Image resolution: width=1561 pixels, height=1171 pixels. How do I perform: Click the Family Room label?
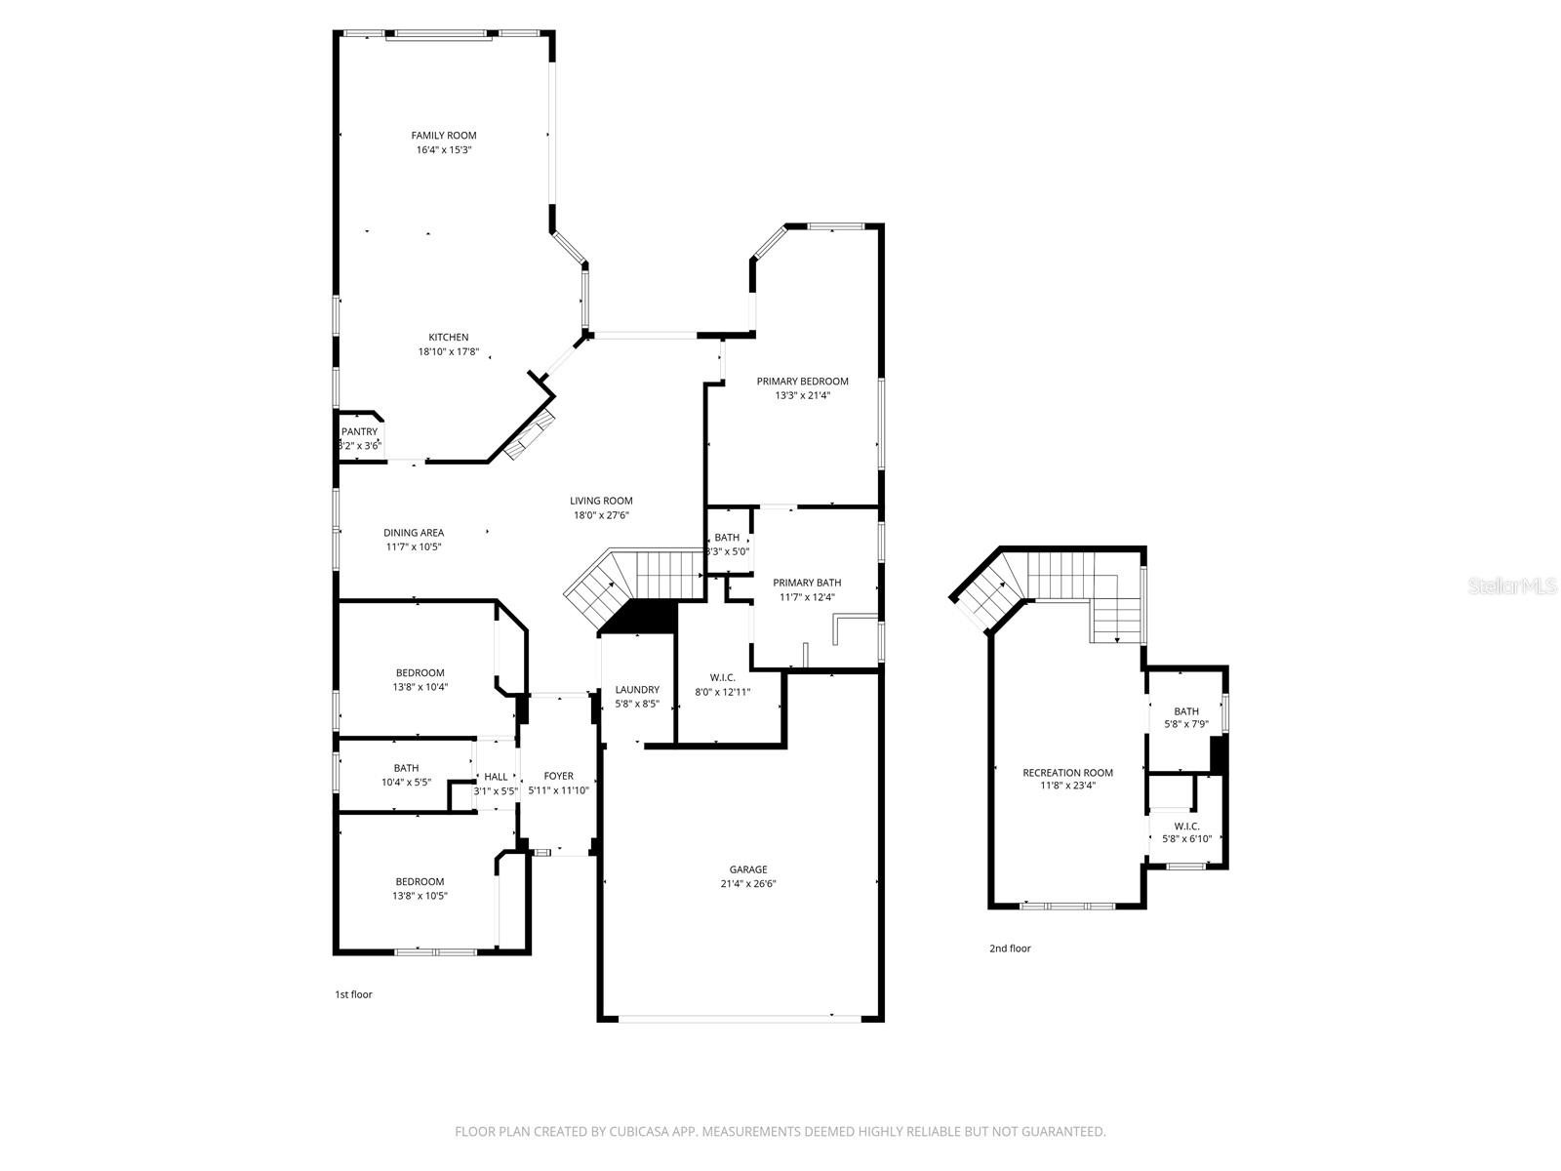coord(443,136)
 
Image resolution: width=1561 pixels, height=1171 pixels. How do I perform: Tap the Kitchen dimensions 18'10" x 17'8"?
coord(448,352)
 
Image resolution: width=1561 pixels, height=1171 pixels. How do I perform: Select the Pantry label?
coord(359,431)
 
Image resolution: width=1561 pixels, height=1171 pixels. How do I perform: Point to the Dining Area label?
coord(414,533)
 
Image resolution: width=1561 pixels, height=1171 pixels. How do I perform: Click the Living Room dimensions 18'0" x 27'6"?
coord(601,515)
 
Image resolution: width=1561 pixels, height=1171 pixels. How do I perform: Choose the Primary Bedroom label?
coord(802,382)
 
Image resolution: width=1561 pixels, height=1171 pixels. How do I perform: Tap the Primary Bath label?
coord(807,583)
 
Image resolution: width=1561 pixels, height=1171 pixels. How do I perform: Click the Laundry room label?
coord(637,690)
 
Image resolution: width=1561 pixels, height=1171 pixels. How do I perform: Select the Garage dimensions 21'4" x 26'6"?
coord(748,884)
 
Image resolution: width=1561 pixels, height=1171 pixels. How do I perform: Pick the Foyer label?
coord(558,776)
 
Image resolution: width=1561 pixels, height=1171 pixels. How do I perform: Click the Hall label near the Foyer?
coord(496,777)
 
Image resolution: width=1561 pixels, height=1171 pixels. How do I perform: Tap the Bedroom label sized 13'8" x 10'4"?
coord(420,672)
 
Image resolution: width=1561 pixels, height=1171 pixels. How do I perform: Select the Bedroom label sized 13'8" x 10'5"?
coord(420,881)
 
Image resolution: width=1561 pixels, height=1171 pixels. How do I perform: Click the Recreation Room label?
coord(1067,773)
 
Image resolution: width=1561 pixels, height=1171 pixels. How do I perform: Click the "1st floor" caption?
coord(353,994)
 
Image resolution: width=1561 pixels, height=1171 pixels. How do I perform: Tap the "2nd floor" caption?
coord(1010,949)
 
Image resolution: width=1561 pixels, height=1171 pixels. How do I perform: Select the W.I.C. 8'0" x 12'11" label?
coord(723,677)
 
